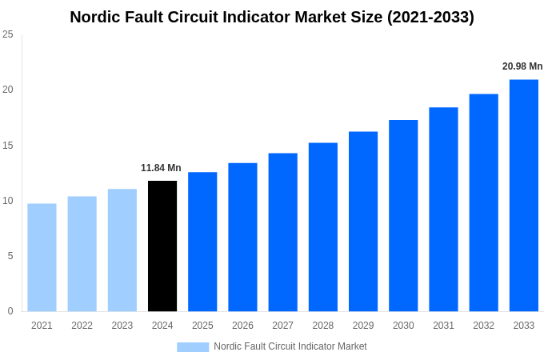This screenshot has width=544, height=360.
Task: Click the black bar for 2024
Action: (x=162, y=246)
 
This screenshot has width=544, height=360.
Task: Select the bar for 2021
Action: (x=42, y=258)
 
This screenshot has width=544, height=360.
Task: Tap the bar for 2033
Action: (x=524, y=195)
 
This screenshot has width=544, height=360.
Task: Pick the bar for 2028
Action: (x=323, y=227)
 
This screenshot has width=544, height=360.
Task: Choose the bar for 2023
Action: (x=122, y=250)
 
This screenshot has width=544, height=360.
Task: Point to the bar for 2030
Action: (x=403, y=216)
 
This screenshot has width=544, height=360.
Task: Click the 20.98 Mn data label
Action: (x=522, y=66)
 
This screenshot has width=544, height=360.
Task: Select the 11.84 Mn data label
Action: (x=161, y=168)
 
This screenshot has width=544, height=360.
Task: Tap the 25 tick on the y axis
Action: (x=8, y=34)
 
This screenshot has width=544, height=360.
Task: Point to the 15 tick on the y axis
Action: (x=8, y=146)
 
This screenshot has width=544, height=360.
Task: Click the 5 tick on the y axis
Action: (x=10, y=256)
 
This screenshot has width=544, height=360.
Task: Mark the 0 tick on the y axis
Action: (x=10, y=311)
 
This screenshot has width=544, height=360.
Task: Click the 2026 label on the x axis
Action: (x=242, y=326)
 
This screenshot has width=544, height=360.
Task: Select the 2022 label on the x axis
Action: (x=82, y=326)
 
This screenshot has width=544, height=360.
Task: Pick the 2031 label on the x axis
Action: (x=443, y=326)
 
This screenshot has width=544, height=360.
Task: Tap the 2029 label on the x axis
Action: (x=363, y=326)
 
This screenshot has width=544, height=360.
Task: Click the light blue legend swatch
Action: (x=193, y=347)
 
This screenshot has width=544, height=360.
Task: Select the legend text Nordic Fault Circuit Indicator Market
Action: (x=290, y=346)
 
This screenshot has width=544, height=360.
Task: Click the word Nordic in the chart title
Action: (x=94, y=17)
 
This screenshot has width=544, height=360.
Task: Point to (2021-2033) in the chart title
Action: (x=430, y=17)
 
